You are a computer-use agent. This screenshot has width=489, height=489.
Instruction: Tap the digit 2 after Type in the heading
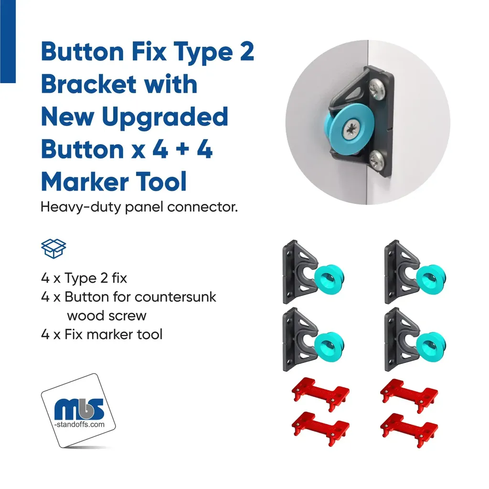247,52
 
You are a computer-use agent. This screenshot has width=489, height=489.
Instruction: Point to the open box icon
53,248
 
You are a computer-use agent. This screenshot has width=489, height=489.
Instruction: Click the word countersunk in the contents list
175,297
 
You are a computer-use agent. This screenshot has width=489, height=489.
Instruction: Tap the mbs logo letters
79,409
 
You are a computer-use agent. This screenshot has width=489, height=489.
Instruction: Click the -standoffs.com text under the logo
80,425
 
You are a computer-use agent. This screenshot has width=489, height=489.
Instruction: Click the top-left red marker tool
320,393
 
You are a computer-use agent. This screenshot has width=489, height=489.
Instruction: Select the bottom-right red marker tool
409,429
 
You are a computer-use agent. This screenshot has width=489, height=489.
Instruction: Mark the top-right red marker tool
409,395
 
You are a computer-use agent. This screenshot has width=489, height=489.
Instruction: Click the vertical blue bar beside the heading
8,42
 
